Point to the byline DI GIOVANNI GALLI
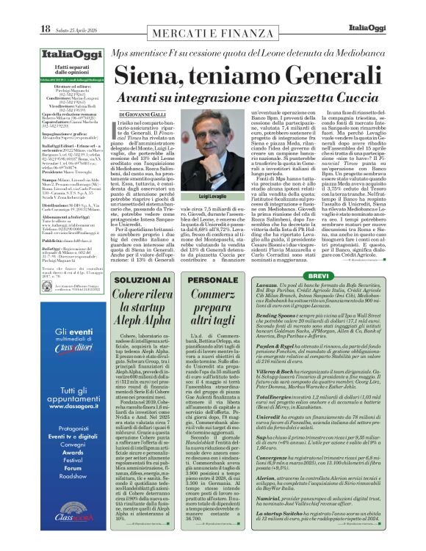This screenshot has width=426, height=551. click(x=144, y=115)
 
